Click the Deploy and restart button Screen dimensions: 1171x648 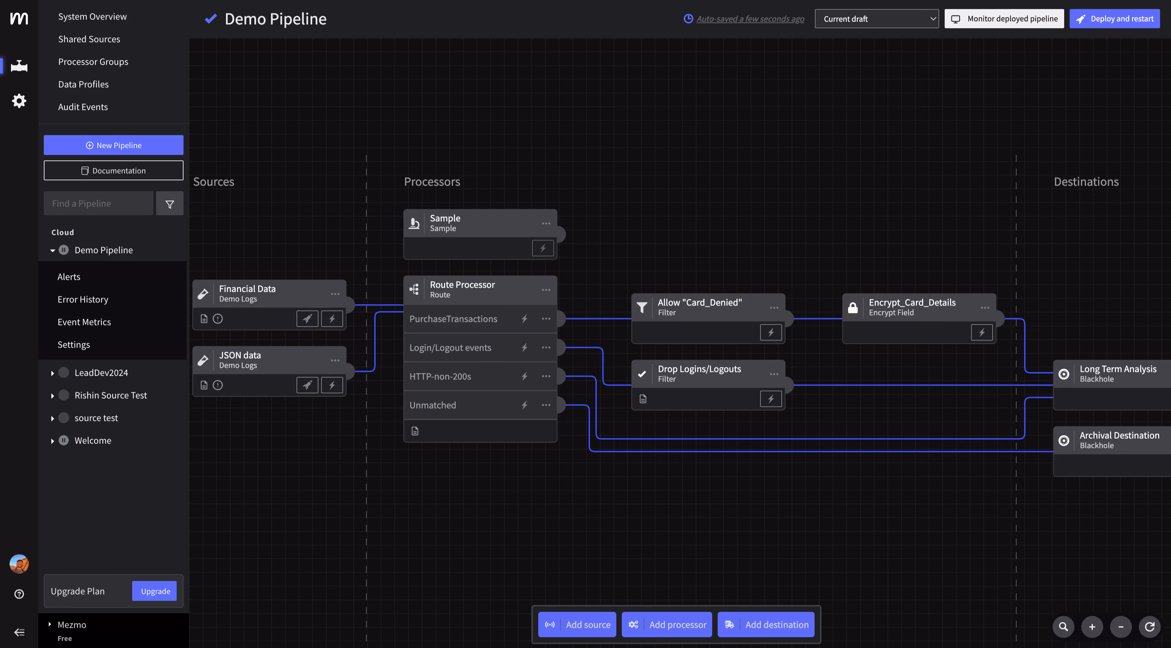click(x=1114, y=18)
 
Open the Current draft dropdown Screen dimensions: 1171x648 click(x=877, y=18)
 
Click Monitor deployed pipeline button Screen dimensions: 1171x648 click(x=1004, y=18)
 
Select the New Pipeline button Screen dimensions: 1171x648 click(x=114, y=145)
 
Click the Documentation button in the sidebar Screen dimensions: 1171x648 click(x=114, y=171)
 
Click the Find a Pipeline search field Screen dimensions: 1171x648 click(x=99, y=203)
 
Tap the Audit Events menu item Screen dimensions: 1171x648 click(x=83, y=107)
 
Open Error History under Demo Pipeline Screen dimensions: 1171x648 click(x=83, y=299)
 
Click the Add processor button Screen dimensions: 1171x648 click(x=667, y=624)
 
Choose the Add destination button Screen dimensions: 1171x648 click(x=766, y=624)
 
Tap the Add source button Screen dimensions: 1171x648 click(x=577, y=624)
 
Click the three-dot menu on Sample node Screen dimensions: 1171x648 click(x=546, y=223)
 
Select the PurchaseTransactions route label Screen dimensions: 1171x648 click(x=453, y=319)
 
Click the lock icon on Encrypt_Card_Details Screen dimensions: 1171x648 click(x=853, y=308)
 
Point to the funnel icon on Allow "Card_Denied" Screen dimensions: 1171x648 click(x=642, y=308)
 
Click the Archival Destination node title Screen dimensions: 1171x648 click(x=1119, y=435)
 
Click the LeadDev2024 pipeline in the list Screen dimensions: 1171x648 click(x=101, y=372)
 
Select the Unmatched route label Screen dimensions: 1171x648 click(x=432, y=405)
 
